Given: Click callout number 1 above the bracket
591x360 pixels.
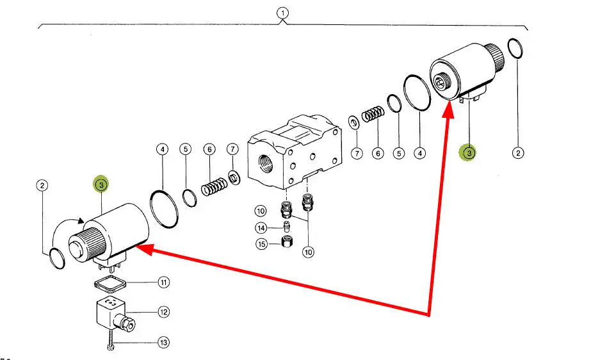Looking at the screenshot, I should click(x=283, y=13).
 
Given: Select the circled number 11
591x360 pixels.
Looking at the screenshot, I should click(x=164, y=282).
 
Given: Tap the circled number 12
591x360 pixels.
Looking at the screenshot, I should click(x=164, y=312).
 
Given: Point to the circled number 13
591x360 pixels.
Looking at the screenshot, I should click(x=164, y=343).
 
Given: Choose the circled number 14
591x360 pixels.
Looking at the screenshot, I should click(x=261, y=228).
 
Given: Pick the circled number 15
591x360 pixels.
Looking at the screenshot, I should click(x=261, y=244).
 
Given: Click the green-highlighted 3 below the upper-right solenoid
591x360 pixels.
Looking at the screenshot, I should click(x=469, y=152).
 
